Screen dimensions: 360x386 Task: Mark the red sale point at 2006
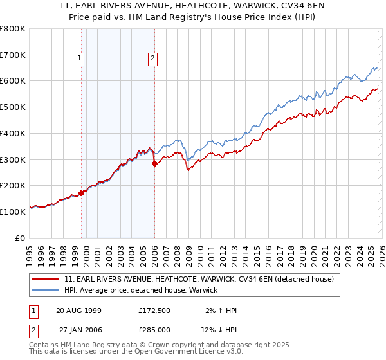click(x=154, y=164)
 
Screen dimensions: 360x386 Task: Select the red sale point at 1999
click(x=81, y=192)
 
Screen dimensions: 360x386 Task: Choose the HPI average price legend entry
click(x=141, y=290)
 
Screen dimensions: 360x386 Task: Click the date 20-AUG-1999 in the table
click(x=78, y=310)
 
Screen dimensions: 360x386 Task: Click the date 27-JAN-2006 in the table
click(x=78, y=330)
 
